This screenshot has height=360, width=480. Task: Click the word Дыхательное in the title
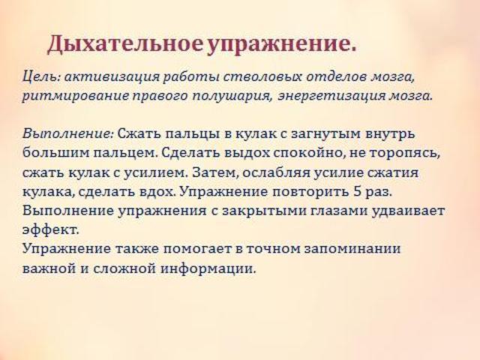tap(125, 44)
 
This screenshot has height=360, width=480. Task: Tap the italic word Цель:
tap(41, 76)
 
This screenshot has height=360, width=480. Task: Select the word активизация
tap(112, 77)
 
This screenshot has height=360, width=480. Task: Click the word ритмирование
tap(75, 96)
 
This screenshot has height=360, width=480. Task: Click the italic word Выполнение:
tap(68, 133)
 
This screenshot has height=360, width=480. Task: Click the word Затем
tap(214, 172)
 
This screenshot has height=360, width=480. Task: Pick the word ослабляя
tap(276, 172)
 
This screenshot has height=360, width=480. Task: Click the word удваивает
tap(408, 211)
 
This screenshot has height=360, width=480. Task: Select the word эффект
tap(50, 230)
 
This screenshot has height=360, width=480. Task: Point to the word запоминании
tap(352, 249)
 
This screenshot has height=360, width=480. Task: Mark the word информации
tap(208, 268)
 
